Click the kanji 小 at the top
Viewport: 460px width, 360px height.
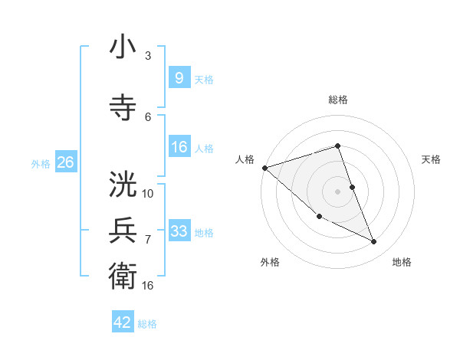(123, 48)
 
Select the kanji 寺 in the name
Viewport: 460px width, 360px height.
(123, 108)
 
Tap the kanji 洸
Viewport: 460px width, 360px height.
(123, 185)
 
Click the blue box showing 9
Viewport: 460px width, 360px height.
(179, 78)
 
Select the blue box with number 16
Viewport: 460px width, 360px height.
(179, 148)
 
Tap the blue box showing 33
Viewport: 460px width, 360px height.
(179, 231)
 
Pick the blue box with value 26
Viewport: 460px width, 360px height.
(65, 162)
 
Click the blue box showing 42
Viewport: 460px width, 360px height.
(123, 322)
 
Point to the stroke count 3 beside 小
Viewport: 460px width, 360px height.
(148, 56)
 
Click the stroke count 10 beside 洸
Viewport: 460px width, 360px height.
(148, 193)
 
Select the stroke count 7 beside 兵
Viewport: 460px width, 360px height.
(148, 239)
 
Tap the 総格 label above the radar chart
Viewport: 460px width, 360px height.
(337, 100)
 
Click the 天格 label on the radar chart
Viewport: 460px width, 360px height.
(432, 159)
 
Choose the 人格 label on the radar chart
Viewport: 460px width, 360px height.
(245, 159)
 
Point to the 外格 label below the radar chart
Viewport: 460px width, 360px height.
(270, 262)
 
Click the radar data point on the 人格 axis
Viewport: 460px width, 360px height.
(264, 168)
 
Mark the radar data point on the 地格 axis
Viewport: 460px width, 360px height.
(374, 242)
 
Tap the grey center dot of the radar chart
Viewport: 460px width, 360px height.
(337, 191)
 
